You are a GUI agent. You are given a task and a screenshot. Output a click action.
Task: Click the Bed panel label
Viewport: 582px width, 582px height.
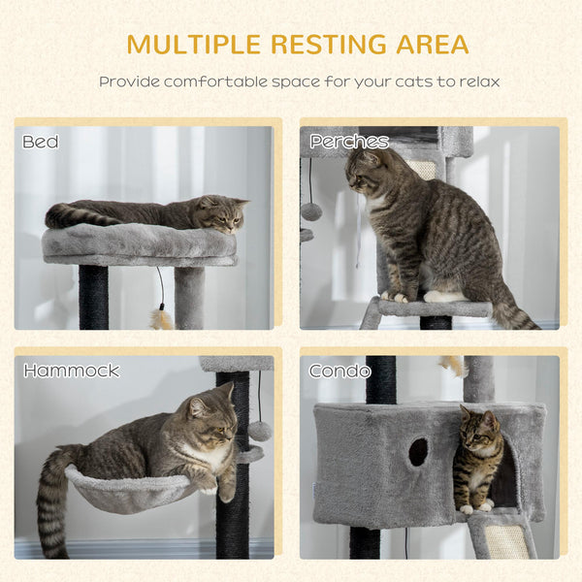41,142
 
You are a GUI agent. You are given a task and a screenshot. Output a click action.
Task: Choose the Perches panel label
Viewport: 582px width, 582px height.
349,142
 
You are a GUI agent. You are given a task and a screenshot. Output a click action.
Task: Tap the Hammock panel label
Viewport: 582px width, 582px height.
71,371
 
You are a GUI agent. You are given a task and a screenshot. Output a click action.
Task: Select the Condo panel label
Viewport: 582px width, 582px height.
339,371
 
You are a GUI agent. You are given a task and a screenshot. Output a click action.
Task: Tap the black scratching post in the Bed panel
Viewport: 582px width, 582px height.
93,296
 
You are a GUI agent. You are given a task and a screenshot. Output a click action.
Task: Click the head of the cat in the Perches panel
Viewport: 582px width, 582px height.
367,173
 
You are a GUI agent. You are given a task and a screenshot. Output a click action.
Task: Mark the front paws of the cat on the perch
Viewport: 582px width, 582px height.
396,296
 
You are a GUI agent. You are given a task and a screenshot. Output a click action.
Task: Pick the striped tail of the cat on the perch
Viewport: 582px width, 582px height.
512,312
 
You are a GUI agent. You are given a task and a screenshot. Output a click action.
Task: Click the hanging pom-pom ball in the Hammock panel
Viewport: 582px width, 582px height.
259,431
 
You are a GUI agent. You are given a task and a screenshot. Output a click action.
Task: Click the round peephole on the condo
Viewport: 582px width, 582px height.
418,451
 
